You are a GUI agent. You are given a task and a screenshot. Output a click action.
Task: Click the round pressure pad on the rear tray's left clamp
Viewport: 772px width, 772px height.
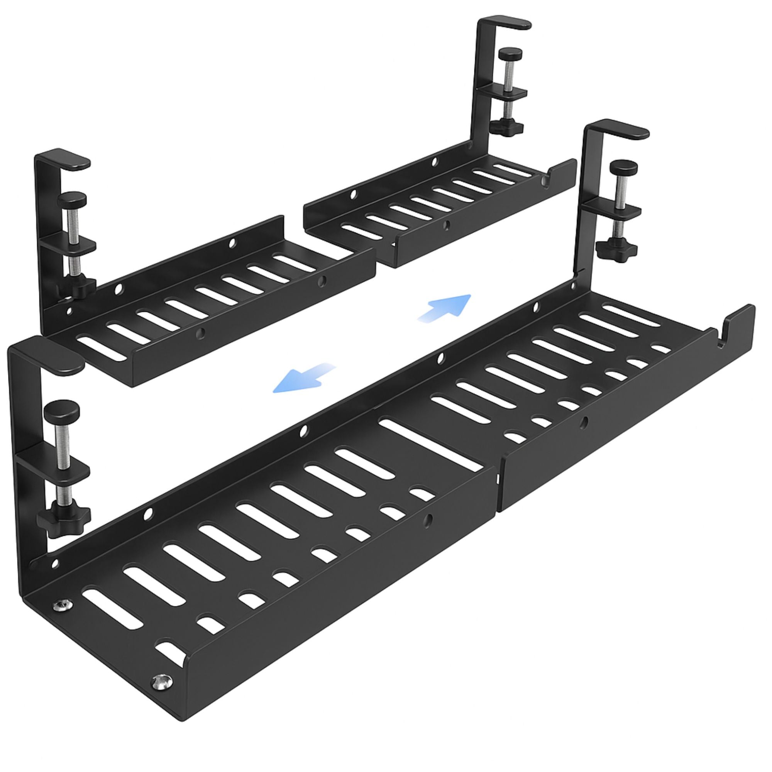[72, 197]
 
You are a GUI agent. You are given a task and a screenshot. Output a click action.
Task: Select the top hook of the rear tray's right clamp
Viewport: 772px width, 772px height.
[508, 23]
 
